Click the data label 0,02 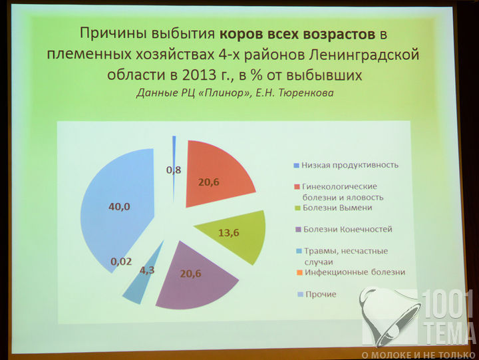click(x=121, y=262)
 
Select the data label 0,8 click(x=174, y=170)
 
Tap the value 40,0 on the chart click(x=119, y=207)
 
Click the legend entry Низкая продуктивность click(x=346, y=165)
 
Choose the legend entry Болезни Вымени click(x=333, y=208)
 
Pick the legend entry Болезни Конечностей click(x=345, y=229)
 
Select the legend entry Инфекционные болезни click(x=351, y=272)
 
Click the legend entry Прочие click(x=317, y=294)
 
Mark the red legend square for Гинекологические click(x=297, y=186)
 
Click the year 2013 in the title click(x=200, y=75)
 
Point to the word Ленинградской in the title click(x=364, y=55)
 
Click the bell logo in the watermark click(x=389, y=316)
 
